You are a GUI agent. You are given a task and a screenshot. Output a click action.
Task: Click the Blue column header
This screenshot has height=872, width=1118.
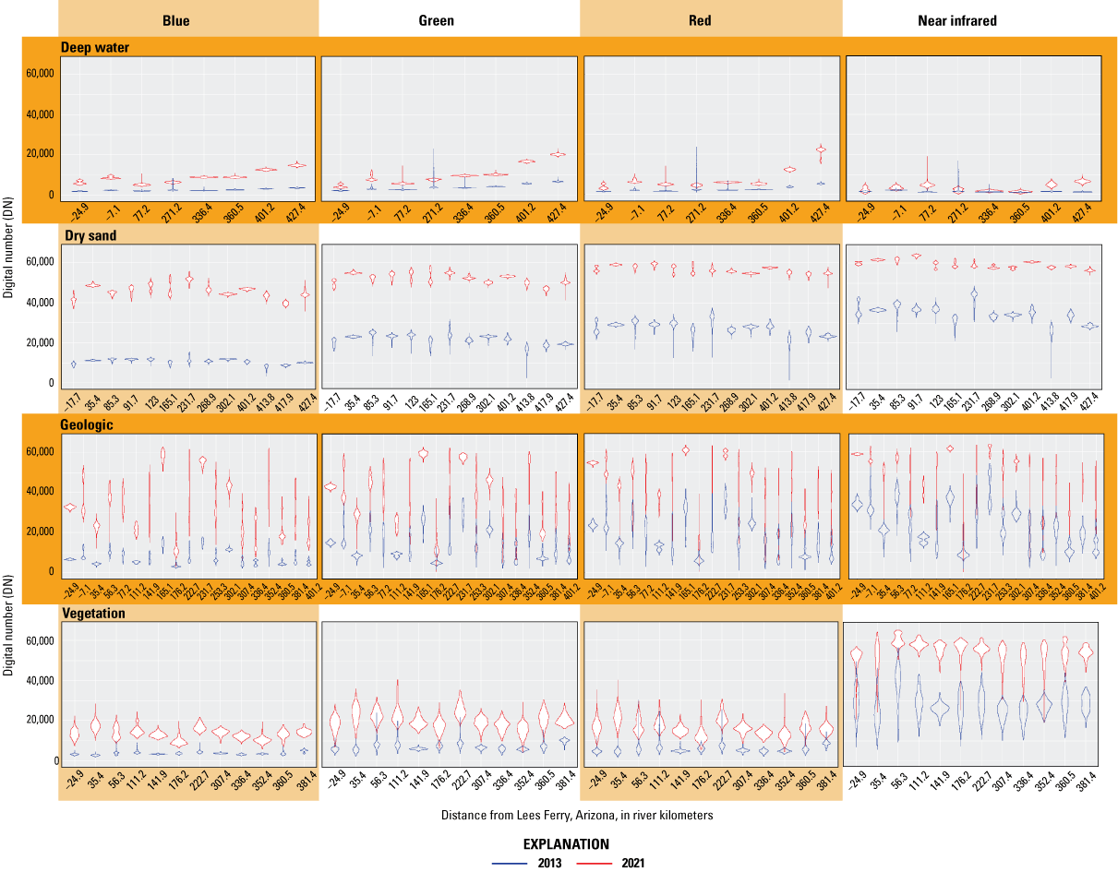pyautogui.click(x=175, y=20)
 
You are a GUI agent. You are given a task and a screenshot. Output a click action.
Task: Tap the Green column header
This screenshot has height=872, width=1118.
pyautogui.click(x=436, y=20)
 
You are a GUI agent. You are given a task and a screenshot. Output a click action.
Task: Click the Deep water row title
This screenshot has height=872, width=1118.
pyautogui.click(x=95, y=46)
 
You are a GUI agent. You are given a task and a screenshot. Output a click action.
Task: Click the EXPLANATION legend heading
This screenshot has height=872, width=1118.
pyautogui.click(x=566, y=843)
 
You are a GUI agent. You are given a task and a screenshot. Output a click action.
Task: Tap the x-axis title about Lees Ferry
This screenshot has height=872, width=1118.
pyautogui.click(x=569, y=815)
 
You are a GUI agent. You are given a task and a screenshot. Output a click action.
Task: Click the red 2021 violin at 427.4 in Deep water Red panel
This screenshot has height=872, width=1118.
pyautogui.click(x=821, y=149)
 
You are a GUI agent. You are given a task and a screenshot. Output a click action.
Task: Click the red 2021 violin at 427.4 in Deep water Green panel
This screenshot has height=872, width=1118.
pyautogui.click(x=558, y=154)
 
